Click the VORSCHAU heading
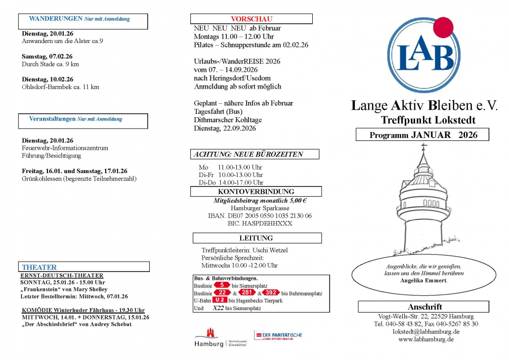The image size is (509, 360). (251, 19)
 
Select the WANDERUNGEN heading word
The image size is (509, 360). (55, 19)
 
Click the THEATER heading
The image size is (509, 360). (39, 267)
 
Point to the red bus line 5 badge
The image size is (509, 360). (222, 285)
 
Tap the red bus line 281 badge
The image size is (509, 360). (247, 293)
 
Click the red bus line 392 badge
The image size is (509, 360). (271, 293)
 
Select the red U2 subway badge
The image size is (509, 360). (220, 300)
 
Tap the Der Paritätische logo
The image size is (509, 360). (278, 335)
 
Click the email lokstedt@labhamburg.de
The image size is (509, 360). (426, 332)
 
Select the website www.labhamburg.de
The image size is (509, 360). (426, 339)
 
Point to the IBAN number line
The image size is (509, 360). (259, 216)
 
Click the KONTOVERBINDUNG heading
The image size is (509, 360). (255, 191)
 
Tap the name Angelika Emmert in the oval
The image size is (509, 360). (424, 280)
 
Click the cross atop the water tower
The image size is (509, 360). (423, 147)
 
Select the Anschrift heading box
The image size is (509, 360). (424, 307)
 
